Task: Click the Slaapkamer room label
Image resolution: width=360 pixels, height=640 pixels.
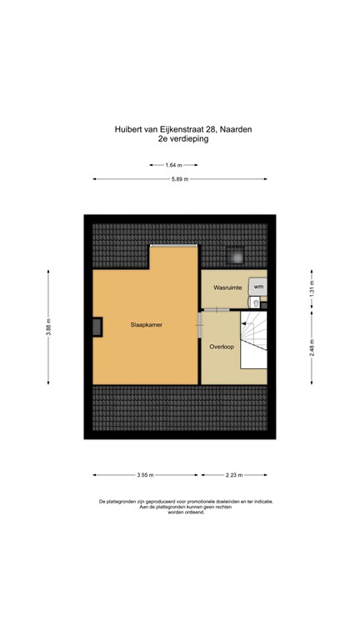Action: click(x=146, y=325)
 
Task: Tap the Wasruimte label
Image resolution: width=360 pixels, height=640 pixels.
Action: click(x=227, y=287)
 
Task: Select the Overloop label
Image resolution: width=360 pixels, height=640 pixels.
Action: click(x=222, y=346)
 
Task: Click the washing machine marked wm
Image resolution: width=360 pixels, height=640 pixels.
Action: click(x=257, y=287)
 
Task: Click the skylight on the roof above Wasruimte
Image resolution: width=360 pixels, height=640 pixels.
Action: click(x=236, y=255)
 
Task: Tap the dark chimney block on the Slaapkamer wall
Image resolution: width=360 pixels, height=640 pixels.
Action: click(x=97, y=327)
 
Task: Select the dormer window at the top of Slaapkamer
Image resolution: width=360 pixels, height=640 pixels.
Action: click(x=174, y=245)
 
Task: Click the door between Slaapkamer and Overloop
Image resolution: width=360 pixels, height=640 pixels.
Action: click(x=199, y=326)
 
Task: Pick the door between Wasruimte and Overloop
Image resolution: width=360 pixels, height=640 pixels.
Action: click(x=220, y=308)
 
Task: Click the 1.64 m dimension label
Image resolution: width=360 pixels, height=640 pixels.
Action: click(x=174, y=165)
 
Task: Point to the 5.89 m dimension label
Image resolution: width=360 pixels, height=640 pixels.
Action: click(x=180, y=179)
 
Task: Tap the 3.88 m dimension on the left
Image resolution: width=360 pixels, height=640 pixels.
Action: click(x=49, y=326)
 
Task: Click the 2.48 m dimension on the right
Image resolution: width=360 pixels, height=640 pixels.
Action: click(x=312, y=346)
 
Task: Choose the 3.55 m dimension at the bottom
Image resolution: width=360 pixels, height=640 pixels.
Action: click(x=145, y=475)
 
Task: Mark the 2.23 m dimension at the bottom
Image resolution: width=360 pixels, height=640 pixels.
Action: click(x=234, y=475)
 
